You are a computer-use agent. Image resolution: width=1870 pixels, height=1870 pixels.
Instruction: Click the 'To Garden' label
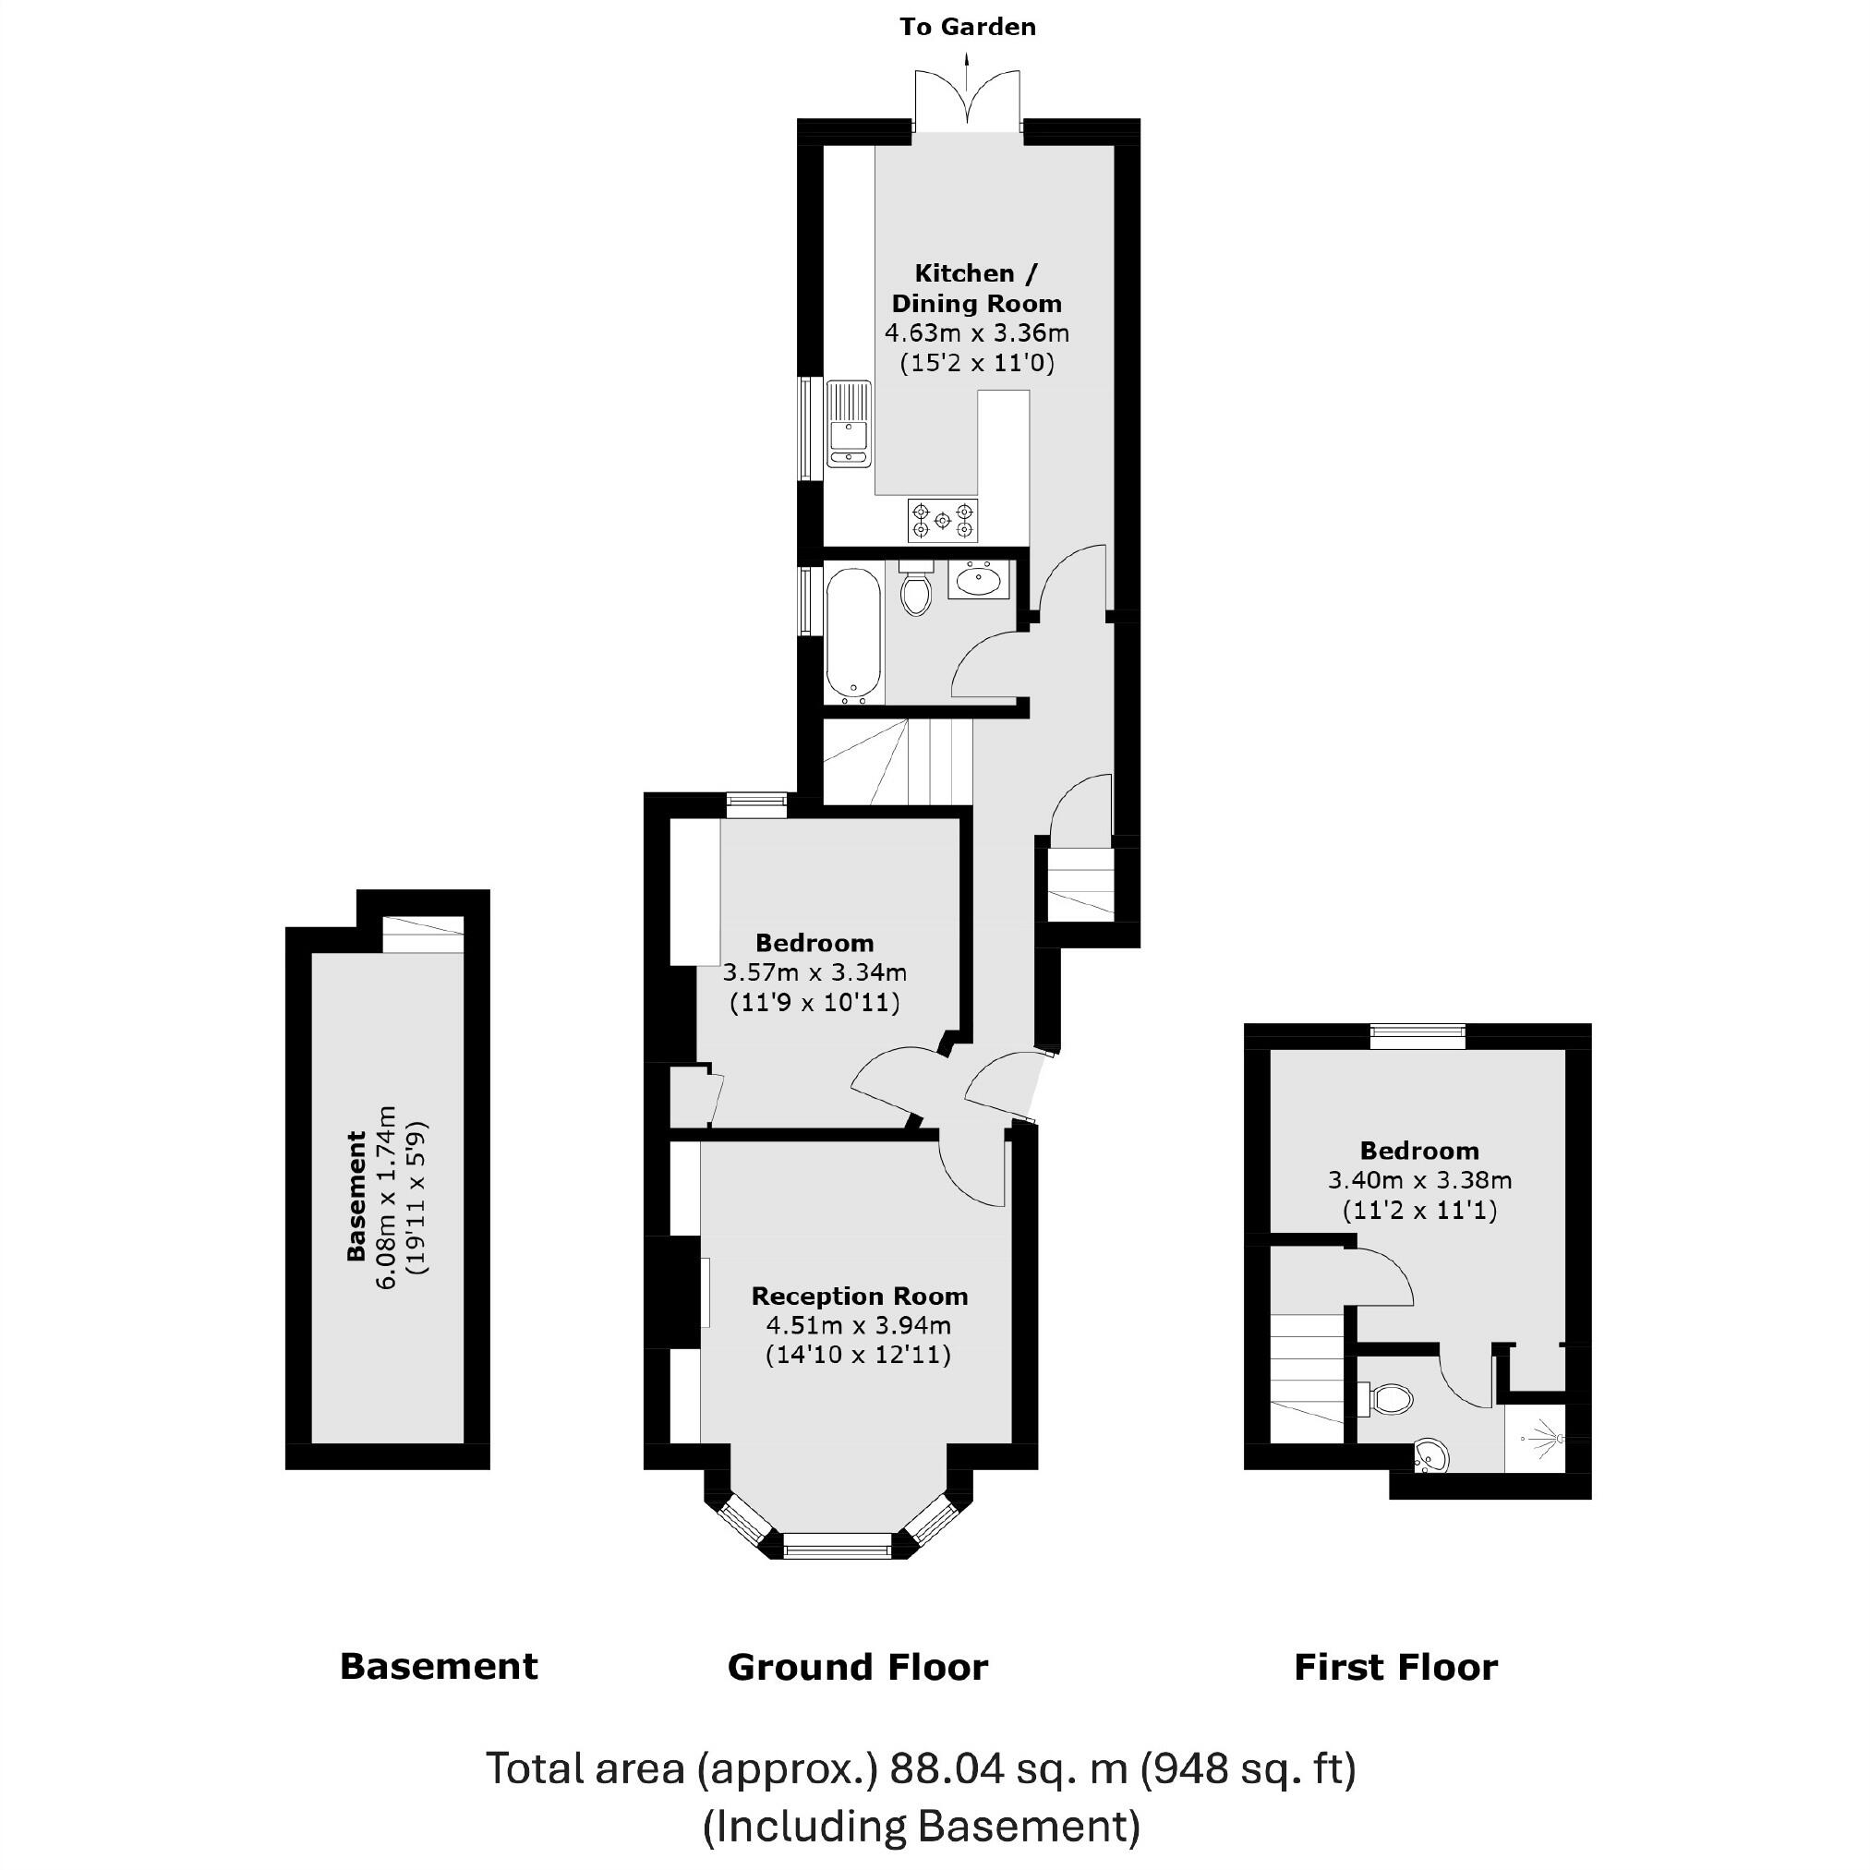(x=967, y=27)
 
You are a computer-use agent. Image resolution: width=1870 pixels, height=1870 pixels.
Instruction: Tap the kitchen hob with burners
(x=942, y=521)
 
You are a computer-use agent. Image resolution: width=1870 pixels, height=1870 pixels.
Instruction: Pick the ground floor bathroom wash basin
(x=979, y=581)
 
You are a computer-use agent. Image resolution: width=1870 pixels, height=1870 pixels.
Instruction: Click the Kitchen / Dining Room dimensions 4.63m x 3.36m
(x=976, y=334)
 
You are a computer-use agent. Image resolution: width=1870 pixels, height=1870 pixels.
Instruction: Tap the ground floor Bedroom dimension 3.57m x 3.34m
(x=814, y=972)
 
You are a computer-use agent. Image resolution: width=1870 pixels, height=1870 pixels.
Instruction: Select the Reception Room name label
(x=859, y=1296)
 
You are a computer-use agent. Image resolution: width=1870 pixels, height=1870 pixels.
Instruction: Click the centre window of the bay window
(x=837, y=1546)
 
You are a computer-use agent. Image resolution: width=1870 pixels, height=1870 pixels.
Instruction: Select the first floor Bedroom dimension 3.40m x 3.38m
(x=1419, y=1181)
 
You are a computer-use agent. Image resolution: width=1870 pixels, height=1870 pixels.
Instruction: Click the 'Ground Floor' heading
(x=858, y=1668)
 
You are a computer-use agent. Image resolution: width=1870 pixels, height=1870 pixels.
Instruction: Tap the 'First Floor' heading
(x=1394, y=1668)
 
